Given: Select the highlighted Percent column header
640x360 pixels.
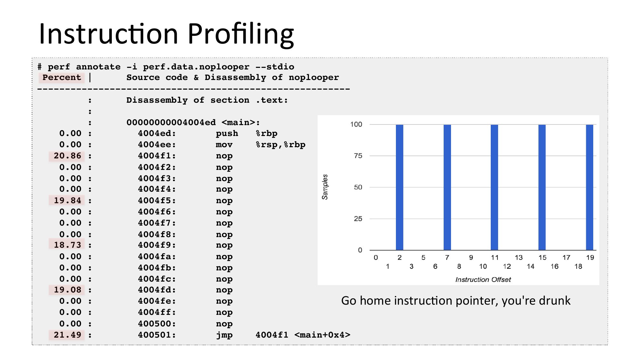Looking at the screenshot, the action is click(62, 77).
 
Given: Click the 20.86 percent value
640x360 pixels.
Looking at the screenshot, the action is click(67, 156).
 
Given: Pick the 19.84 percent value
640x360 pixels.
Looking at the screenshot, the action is click(67, 200).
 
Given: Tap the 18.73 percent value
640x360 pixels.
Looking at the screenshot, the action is click(67, 245).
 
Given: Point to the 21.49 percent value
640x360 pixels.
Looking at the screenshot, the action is click(67, 335).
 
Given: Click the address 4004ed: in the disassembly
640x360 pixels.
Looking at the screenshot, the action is click(157, 133).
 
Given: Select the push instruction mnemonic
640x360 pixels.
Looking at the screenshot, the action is click(227, 133).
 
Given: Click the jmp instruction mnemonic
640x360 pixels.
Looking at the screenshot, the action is click(224, 335).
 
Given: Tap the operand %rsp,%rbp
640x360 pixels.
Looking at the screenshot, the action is click(281, 145).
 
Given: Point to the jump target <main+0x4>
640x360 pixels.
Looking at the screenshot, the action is click(322, 335).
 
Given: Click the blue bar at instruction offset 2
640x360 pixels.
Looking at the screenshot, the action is click(399, 187).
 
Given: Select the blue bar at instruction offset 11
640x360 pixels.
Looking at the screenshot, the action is click(494, 187).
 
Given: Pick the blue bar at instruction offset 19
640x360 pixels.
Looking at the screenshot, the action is click(589, 187).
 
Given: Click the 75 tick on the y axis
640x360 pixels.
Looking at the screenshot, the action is click(358, 156).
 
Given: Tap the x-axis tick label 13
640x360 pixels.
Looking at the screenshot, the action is click(519, 258).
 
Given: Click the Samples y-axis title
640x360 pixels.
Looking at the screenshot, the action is click(325, 187).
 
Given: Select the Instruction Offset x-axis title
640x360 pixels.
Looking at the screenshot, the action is click(483, 280).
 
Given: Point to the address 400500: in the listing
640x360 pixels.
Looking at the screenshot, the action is click(157, 324).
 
